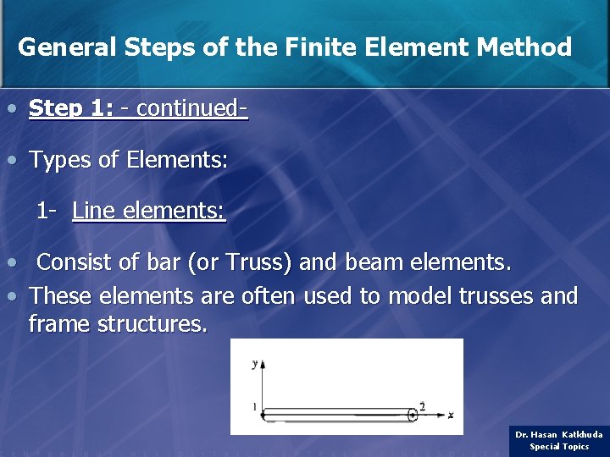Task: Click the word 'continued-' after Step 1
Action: coord(192,108)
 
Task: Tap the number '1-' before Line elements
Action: coord(47,210)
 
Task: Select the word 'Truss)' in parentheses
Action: coord(258,262)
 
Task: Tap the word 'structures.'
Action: coord(152,323)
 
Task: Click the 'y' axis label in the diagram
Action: coord(254,363)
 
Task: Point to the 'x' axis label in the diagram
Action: coord(452,414)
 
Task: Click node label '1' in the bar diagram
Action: coord(253,408)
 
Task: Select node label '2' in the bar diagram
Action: coord(422,405)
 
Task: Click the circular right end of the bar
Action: coord(413,415)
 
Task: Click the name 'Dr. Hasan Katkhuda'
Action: coord(559,434)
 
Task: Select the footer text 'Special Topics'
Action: coord(559,446)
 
